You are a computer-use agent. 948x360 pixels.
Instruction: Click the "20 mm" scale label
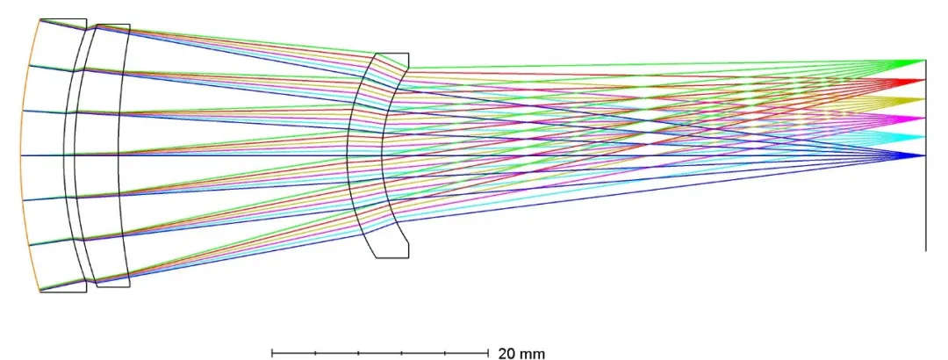(x=521, y=354)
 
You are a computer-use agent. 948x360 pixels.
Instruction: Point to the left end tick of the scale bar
(x=272, y=353)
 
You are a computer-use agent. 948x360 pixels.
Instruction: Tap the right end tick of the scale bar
(x=487, y=353)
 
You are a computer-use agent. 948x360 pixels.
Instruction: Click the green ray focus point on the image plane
(x=924, y=61)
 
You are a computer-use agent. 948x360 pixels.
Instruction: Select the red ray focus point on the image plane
(x=924, y=80)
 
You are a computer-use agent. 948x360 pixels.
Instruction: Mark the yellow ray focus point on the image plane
(x=924, y=99)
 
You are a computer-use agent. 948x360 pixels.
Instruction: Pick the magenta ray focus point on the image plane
(x=924, y=118)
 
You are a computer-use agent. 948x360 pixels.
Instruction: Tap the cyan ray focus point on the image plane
(x=924, y=137)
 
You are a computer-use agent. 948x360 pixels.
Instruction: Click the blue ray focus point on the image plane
(x=924, y=155)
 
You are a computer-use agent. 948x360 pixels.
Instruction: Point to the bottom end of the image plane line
(x=925, y=251)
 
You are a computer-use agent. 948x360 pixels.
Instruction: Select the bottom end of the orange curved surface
(x=40, y=292)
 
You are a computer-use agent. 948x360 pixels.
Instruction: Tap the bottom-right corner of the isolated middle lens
(x=408, y=257)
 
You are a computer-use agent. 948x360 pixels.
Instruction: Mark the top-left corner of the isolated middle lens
(x=376, y=54)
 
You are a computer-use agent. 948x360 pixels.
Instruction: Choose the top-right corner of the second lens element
(x=129, y=25)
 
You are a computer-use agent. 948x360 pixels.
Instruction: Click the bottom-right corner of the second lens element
(x=129, y=286)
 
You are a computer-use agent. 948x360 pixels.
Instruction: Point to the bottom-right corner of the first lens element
(x=86, y=292)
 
